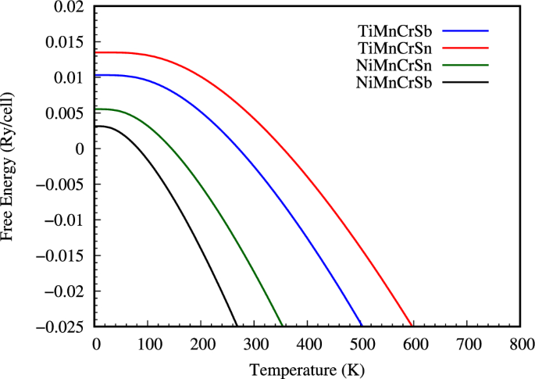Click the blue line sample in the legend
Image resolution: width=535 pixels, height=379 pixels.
pos(465,31)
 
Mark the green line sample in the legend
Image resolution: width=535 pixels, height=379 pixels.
pos(465,65)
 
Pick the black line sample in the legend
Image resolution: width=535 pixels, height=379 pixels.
pos(465,81)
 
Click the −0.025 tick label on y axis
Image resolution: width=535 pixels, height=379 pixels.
pos(62,327)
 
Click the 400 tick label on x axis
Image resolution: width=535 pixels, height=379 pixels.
pos(307,343)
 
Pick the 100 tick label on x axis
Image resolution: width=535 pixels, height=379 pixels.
pos(148,343)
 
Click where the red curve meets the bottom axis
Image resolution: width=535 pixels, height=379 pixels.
pos(412,326)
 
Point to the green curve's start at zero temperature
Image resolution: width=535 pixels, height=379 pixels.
pos(95,109)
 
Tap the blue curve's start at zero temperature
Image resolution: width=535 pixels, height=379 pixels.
pos(95,75)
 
